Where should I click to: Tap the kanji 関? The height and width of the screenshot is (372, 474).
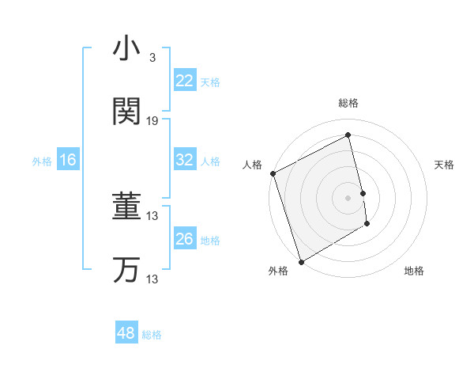tap(126, 111)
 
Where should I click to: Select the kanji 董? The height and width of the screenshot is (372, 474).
tap(126, 207)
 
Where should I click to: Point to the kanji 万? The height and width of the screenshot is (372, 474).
tap(126, 270)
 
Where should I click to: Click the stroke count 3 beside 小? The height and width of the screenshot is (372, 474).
tap(152, 58)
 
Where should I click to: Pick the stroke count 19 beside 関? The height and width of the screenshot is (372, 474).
tap(152, 120)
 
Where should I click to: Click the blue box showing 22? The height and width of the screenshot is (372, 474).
tap(185, 80)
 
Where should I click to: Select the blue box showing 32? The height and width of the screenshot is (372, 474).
tap(185, 160)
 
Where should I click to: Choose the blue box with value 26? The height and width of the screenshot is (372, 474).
tap(185, 239)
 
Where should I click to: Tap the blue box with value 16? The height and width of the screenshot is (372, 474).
tap(68, 160)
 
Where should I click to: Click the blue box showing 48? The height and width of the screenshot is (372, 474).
tap(126, 333)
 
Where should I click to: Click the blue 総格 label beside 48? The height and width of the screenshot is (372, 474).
tap(152, 335)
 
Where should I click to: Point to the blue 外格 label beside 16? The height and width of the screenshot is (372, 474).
tap(42, 161)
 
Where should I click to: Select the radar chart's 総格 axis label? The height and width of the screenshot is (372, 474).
tap(348, 103)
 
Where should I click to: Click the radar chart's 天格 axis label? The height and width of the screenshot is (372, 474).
tap(445, 165)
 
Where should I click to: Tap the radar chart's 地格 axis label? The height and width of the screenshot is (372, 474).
tap(414, 271)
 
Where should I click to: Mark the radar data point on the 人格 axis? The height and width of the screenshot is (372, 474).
tap(273, 173)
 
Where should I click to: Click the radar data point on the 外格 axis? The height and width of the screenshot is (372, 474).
tap(300, 261)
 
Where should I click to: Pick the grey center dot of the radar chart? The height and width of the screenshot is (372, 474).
tap(348, 197)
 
